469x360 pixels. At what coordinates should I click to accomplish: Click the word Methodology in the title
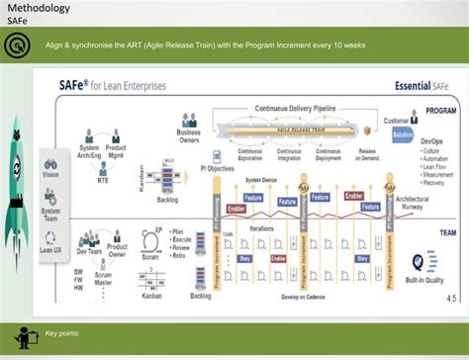[39, 9]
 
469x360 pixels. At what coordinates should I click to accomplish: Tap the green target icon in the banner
[17, 45]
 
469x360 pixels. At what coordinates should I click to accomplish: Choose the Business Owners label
[188, 135]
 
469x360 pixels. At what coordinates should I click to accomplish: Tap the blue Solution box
[402, 135]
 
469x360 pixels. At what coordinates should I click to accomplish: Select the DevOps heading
[432, 142]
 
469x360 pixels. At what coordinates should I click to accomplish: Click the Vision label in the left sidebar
[50, 174]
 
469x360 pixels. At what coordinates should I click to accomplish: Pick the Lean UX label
[50, 251]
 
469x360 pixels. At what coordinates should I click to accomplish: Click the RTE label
[103, 181]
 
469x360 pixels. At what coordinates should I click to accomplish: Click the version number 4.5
[451, 298]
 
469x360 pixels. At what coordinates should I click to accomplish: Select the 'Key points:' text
[62, 333]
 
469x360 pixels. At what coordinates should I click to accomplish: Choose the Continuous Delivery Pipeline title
[295, 107]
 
